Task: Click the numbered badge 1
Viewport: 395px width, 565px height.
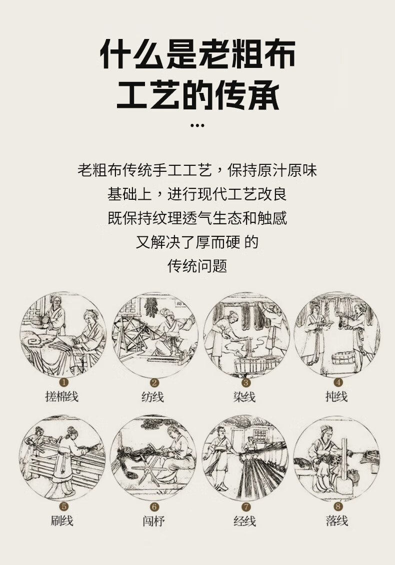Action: pyautogui.click(x=63, y=382)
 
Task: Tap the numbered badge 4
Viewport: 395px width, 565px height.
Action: pyautogui.click(x=337, y=382)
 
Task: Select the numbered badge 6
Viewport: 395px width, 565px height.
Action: pyautogui.click(x=154, y=507)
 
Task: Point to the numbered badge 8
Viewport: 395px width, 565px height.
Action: pyautogui.click(x=337, y=506)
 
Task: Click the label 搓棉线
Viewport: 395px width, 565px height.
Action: pyautogui.click(x=62, y=396)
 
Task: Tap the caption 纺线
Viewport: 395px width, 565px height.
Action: pyautogui.click(x=153, y=397)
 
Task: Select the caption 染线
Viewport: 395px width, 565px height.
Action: pyautogui.click(x=244, y=397)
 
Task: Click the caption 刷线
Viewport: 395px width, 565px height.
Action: pyautogui.click(x=62, y=521)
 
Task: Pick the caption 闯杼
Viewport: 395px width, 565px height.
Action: pyautogui.click(x=153, y=521)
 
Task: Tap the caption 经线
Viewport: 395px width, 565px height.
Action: pyautogui.click(x=244, y=521)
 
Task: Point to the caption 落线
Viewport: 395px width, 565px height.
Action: pyautogui.click(x=337, y=521)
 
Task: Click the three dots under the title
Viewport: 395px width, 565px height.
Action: pyautogui.click(x=197, y=125)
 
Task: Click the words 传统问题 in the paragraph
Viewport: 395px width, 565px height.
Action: pyautogui.click(x=197, y=266)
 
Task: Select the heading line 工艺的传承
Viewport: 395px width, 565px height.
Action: pyautogui.click(x=198, y=94)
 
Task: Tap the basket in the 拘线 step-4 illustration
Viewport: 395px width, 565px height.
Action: pyautogui.click(x=343, y=357)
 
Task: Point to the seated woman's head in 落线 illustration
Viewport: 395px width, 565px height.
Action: pyautogui.click(x=326, y=432)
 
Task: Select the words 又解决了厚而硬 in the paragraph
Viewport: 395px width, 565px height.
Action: pyautogui.click(x=188, y=242)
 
